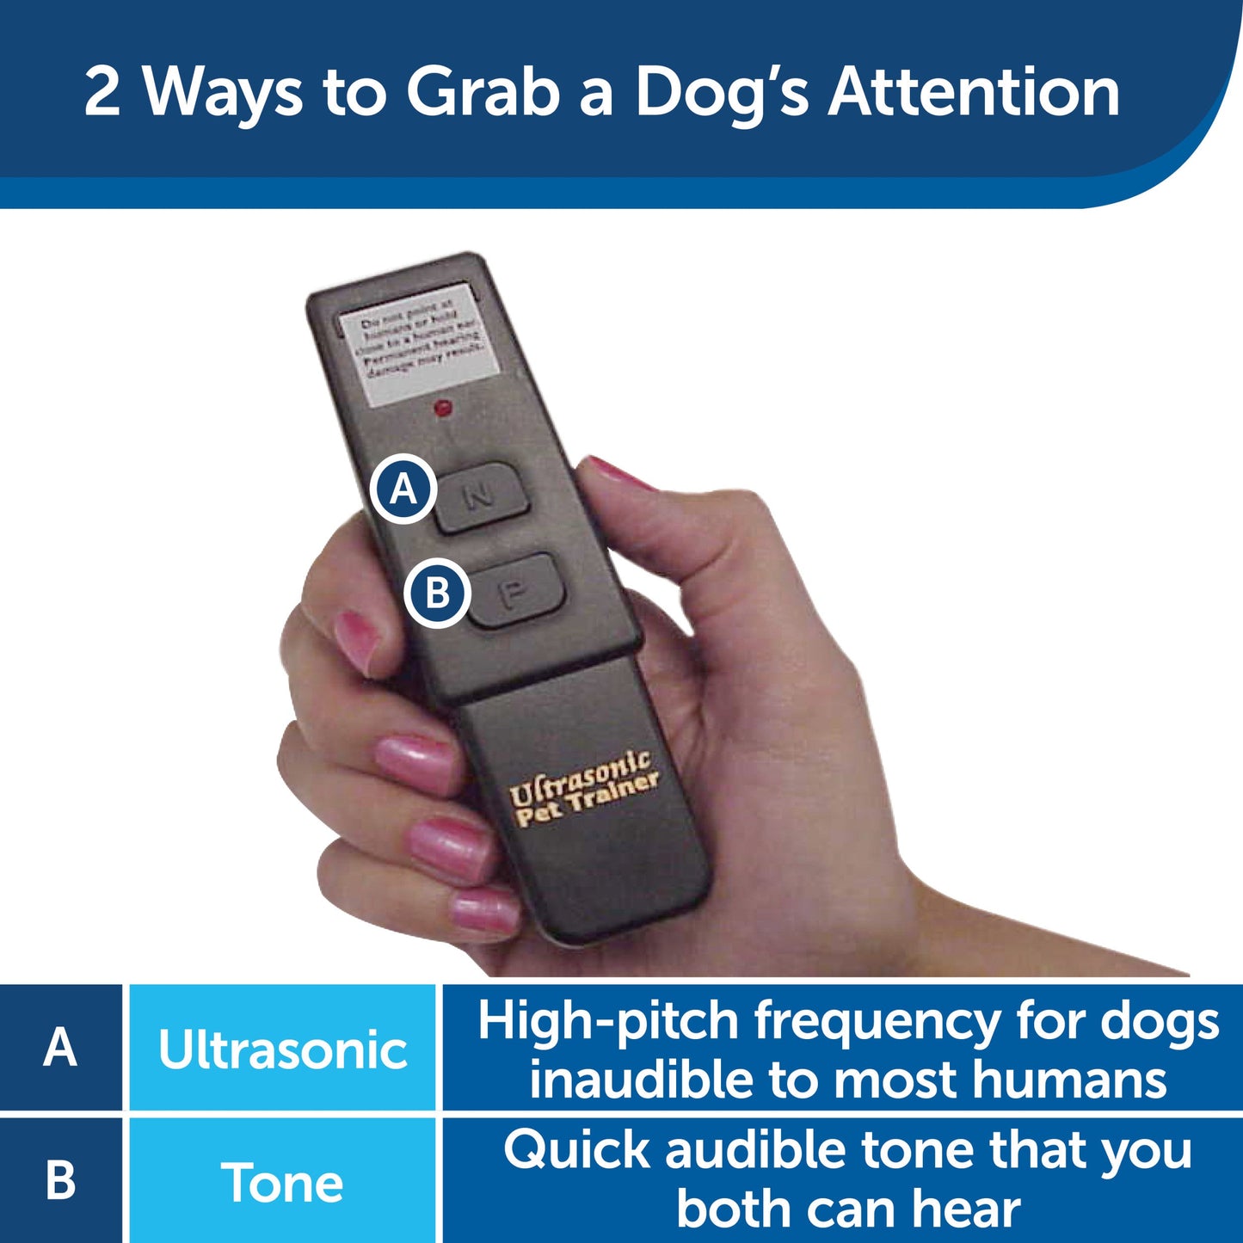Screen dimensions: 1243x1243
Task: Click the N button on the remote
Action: [480, 497]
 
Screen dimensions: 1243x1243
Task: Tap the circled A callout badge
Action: [403, 489]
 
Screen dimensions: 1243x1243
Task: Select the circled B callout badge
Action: [437, 593]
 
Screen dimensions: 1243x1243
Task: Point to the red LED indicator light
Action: [444, 408]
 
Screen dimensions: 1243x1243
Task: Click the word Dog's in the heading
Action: [721, 92]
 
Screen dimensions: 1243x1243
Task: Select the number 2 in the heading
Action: [102, 92]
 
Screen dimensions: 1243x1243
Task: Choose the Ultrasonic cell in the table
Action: [282, 1049]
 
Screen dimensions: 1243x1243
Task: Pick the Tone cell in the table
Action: [282, 1182]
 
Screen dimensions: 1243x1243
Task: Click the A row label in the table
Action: [60, 1049]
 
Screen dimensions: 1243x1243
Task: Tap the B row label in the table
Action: [60, 1182]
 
